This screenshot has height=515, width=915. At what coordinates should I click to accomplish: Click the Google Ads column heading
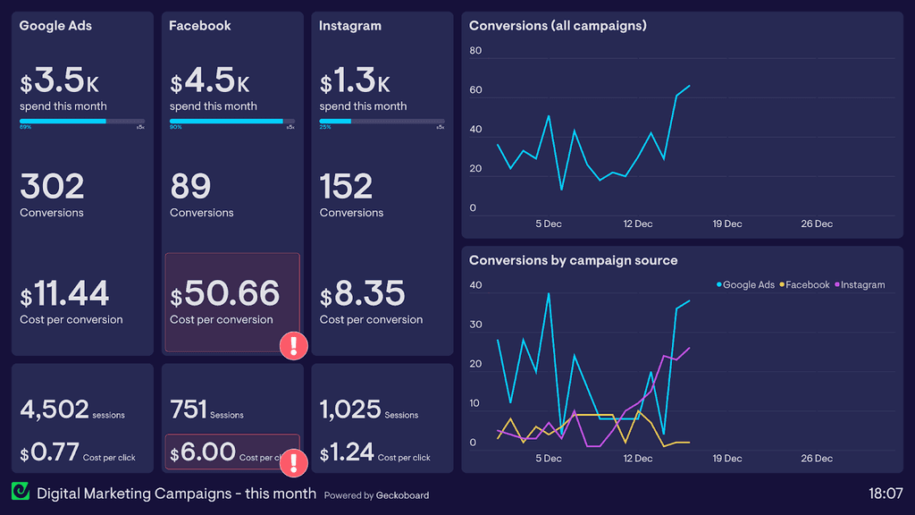55,26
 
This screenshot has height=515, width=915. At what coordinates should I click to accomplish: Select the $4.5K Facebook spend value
210,82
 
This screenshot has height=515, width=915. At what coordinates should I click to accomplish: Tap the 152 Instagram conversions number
346,187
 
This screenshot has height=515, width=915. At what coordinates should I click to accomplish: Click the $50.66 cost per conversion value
225,293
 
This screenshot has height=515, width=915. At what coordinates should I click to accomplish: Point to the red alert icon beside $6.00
294,462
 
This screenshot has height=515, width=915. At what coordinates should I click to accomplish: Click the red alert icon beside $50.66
294,346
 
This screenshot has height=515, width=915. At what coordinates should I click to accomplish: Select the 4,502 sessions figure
55,409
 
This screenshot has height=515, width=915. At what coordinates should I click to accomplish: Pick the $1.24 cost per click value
347,452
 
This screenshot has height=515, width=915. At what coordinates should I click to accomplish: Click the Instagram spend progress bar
382,121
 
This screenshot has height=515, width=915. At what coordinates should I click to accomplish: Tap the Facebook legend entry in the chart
807,284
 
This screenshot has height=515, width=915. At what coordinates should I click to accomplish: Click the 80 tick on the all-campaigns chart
475,51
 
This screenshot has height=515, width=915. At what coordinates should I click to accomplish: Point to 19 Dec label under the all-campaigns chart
727,224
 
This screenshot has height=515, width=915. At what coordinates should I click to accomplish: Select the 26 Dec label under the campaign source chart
817,459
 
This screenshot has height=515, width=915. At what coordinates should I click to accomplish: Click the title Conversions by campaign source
573,260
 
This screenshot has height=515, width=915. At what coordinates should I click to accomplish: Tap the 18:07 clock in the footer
886,494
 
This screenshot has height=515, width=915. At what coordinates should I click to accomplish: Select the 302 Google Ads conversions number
52,187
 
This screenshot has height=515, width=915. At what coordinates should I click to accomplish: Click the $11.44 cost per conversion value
64,293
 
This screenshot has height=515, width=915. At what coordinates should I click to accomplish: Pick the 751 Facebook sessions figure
188,409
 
